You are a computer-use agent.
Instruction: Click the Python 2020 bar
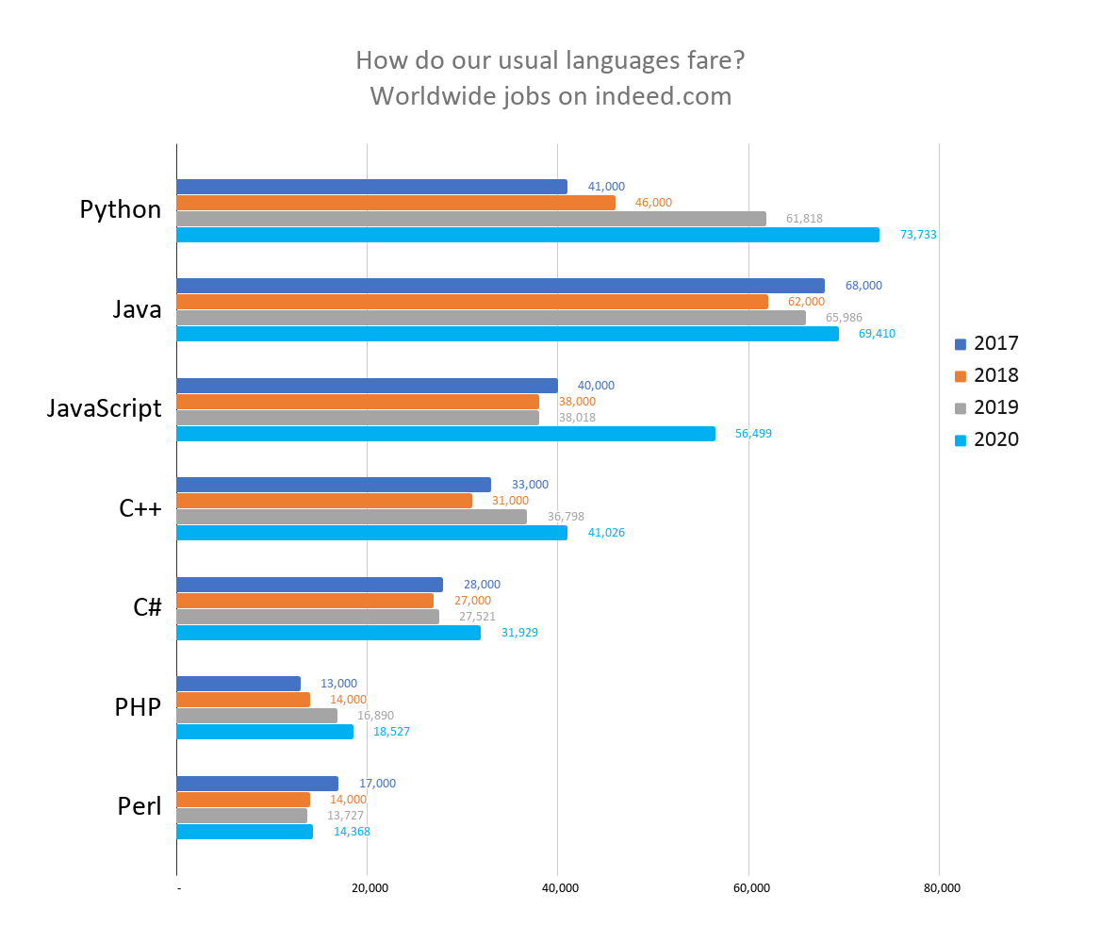(x=528, y=235)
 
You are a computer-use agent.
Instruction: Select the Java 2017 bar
(x=501, y=286)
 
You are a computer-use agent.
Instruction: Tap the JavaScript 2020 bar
(x=446, y=434)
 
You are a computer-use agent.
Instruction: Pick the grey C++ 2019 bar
(x=352, y=517)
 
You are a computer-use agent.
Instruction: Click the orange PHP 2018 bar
(x=243, y=700)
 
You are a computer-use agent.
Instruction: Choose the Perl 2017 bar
(x=257, y=784)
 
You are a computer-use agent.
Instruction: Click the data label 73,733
(x=918, y=235)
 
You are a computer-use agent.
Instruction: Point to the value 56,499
(x=753, y=434)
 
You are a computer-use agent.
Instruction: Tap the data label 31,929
(x=519, y=633)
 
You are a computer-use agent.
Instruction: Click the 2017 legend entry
(x=986, y=343)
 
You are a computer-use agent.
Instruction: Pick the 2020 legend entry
(x=986, y=439)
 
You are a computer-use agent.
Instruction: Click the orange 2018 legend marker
(x=961, y=375)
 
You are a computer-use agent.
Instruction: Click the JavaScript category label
(x=105, y=409)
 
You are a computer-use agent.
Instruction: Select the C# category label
(x=147, y=608)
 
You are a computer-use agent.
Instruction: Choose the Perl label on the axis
(x=140, y=807)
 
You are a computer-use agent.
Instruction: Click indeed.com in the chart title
(x=663, y=96)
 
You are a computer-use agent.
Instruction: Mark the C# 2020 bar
(x=328, y=633)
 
